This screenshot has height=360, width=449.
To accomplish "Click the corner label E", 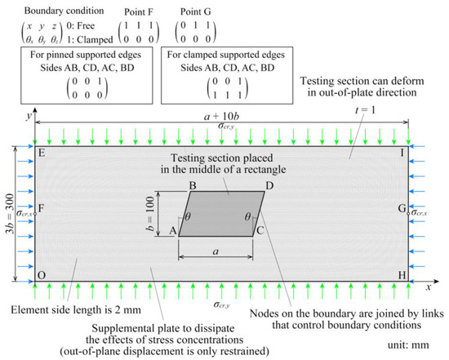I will [41, 152].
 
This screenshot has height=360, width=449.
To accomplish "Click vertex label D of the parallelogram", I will [269, 187].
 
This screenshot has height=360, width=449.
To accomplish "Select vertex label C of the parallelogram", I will [259, 231].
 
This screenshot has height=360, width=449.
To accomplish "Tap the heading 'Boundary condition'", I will [43, 11].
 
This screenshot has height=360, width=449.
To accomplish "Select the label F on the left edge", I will [41, 209].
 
